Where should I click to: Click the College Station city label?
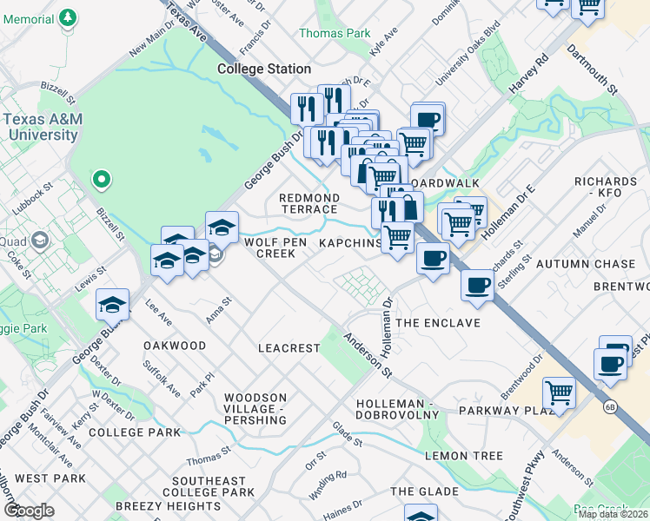click(263, 69)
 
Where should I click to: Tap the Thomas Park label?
click(335, 33)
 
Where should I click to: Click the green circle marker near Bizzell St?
click(102, 180)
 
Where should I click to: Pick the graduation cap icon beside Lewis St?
click(113, 304)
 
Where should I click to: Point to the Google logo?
click(29, 511)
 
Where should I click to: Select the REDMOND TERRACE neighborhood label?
click(308, 204)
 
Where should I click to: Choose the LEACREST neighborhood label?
click(289, 347)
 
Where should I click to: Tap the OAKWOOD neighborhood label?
click(175, 346)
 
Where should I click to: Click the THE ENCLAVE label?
click(438, 323)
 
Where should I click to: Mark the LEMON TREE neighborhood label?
click(464, 456)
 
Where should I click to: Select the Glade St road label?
click(347, 435)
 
